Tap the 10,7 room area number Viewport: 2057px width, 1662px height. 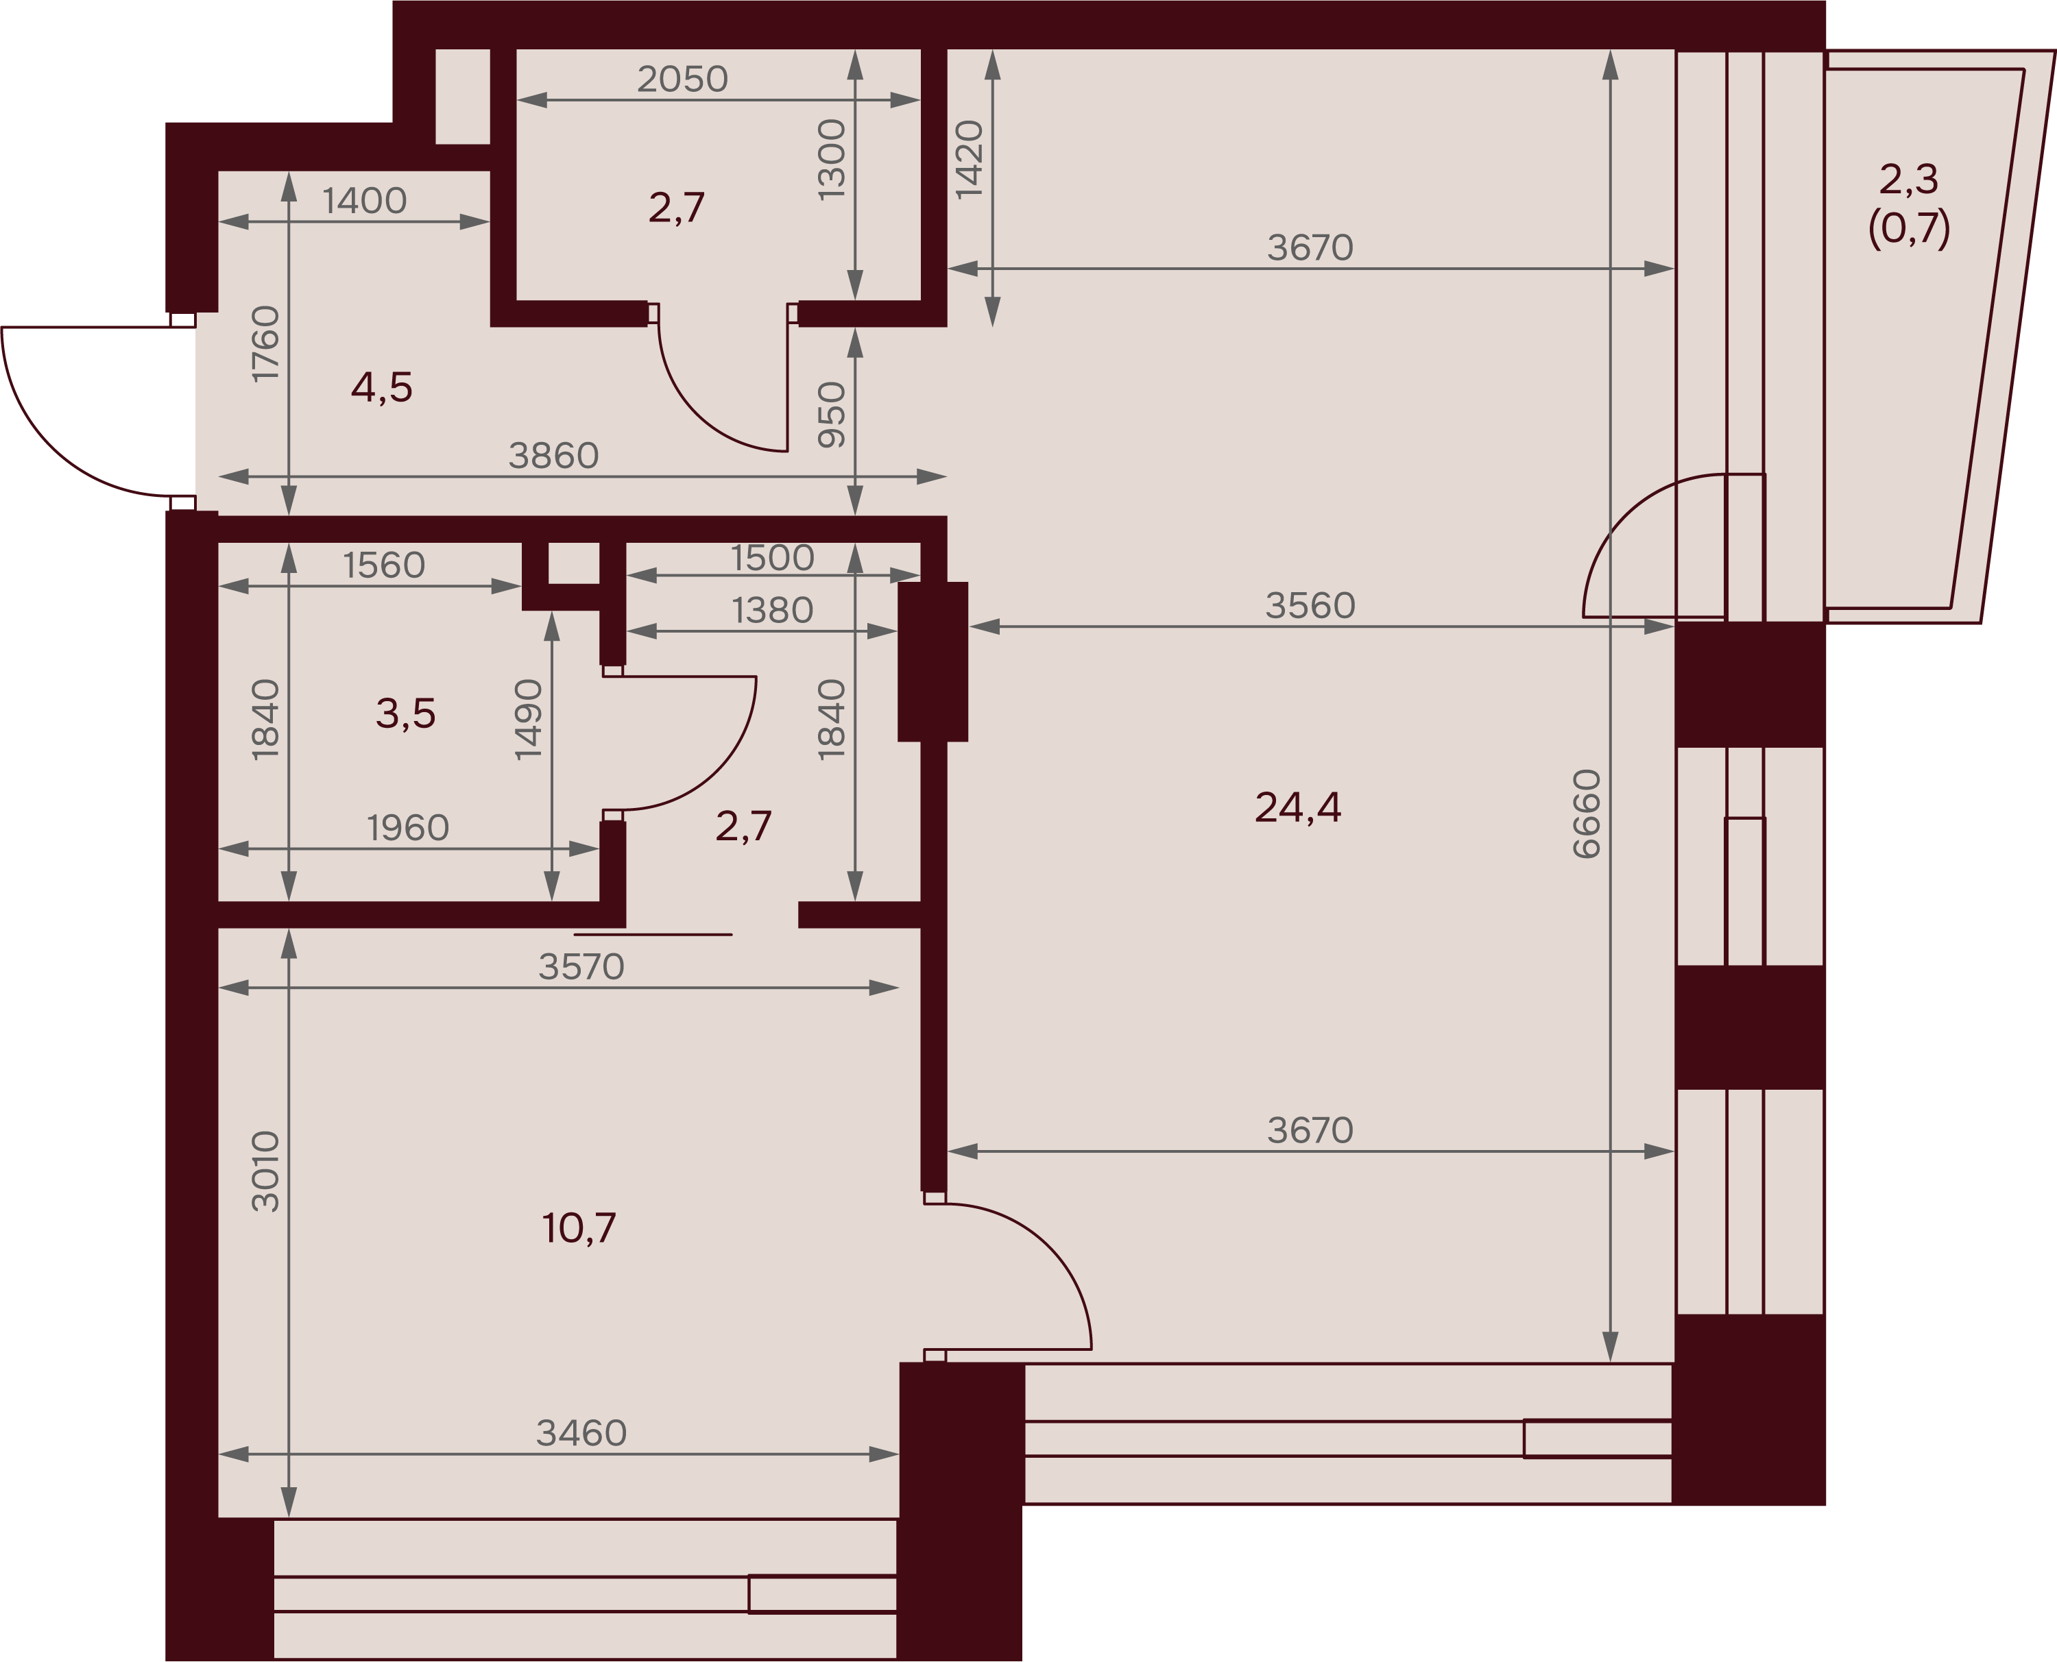coord(579,1228)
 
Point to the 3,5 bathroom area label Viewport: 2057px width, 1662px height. coord(405,714)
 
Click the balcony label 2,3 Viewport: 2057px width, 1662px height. coord(1909,179)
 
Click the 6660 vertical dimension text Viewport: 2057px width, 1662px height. coord(1587,814)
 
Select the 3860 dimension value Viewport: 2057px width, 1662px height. coord(553,456)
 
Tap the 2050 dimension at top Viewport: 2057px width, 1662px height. coord(683,80)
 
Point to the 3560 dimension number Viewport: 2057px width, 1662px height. coord(1310,606)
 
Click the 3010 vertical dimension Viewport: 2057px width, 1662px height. coord(265,1172)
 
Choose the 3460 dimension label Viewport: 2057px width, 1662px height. coord(581,1433)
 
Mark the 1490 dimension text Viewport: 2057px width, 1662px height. coord(529,720)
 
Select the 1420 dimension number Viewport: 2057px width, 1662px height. coord(970,160)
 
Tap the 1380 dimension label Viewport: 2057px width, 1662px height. coord(772,611)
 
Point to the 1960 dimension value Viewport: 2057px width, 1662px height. coord(408,828)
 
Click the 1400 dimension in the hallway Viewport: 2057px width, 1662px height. coord(364,201)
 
